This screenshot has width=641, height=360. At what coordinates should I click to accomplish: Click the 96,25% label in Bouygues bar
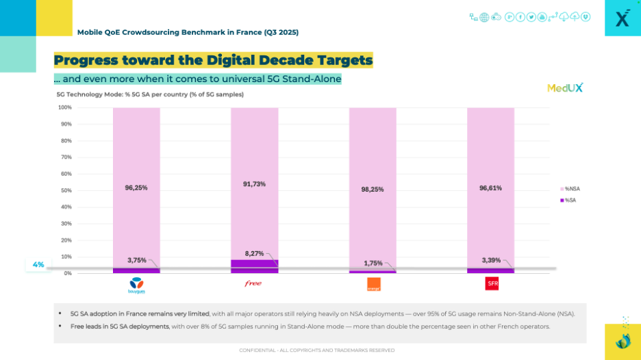[x=136, y=187]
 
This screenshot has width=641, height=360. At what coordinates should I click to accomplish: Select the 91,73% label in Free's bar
[x=254, y=183]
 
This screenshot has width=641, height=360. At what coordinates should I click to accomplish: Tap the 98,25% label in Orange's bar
[x=373, y=189]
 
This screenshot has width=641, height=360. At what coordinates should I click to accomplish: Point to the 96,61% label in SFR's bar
[x=490, y=187]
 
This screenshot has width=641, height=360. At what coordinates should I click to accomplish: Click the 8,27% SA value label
[x=254, y=253]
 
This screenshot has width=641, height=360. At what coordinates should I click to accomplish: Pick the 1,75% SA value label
[x=373, y=263]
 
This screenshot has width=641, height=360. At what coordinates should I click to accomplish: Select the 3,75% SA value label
[x=136, y=260]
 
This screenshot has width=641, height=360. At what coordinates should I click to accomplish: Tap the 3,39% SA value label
[x=490, y=260]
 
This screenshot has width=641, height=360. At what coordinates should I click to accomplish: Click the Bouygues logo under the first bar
[x=136, y=284]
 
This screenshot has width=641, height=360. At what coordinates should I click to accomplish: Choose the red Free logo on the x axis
[x=253, y=283]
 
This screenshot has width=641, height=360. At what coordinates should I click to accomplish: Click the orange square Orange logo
[x=373, y=284]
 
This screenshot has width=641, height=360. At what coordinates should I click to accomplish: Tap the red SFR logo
[x=491, y=283]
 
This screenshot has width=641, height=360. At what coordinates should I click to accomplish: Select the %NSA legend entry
[x=570, y=188]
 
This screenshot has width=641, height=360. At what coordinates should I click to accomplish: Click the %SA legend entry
[x=569, y=200]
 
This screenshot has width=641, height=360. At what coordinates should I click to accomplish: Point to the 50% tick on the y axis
[x=65, y=190]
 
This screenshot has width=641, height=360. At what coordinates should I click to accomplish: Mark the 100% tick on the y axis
[x=64, y=107]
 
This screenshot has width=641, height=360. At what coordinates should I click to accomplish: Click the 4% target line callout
[x=38, y=265]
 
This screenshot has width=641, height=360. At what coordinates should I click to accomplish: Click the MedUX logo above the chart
[x=565, y=88]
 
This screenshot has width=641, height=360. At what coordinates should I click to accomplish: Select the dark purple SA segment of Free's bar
[x=254, y=266]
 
